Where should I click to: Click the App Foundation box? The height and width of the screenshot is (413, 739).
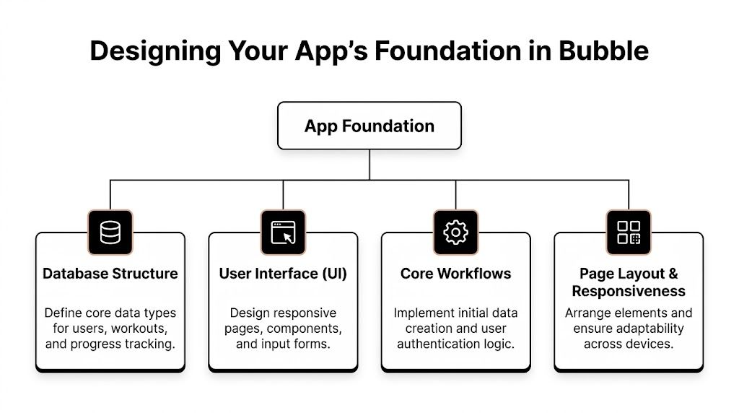click(x=369, y=126)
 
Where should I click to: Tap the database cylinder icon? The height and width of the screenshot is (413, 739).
click(x=110, y=232)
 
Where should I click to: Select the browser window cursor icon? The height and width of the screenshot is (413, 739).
click(x=283, y=232)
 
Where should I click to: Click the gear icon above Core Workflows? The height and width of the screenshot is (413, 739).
click(x=455, y=232)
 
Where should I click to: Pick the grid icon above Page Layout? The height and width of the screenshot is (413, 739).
click(x=629, y=232)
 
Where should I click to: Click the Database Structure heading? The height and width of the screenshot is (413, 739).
click(x=110, y=274)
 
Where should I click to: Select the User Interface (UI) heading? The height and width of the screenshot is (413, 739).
click(x=283, y=274)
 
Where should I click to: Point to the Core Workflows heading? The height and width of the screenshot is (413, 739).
click(x=455, y=274)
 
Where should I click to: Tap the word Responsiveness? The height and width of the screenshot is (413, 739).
click(x=629, y=291)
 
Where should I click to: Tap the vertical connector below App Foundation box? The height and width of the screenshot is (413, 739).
click(x=369, y=164)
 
